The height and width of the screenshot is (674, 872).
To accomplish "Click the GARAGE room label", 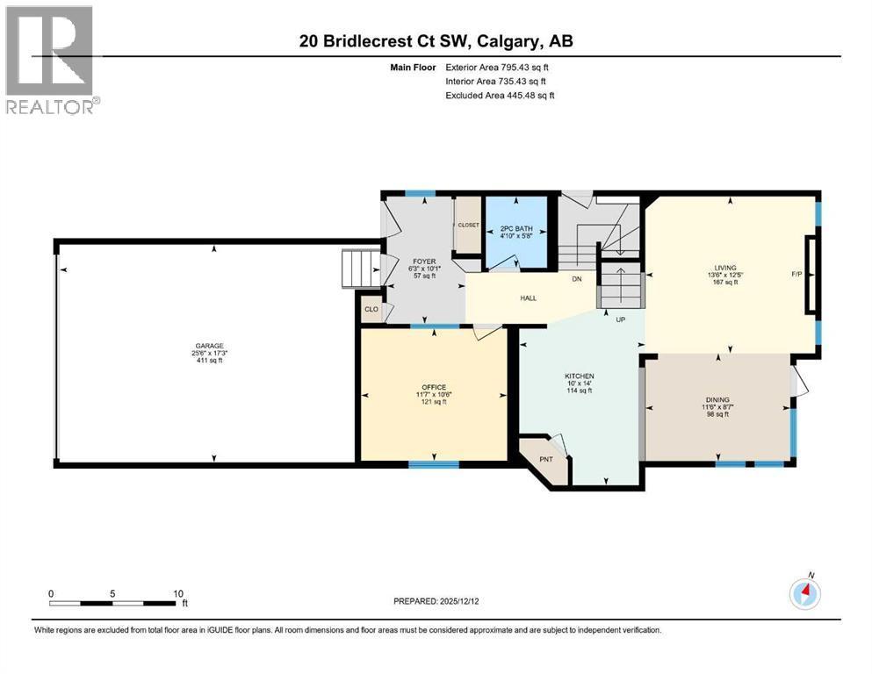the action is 209,346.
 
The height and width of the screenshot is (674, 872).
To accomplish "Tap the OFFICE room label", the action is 434,387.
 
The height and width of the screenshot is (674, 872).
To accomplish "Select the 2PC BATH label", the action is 516,228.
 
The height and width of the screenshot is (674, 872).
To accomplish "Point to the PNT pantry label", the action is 546,459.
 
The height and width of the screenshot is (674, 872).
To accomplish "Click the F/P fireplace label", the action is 797,274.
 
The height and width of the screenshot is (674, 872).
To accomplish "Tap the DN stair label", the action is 577,279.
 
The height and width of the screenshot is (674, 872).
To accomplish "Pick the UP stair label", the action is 621,319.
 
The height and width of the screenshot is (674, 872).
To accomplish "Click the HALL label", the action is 529,298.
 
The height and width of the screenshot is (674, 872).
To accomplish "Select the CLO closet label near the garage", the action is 371,309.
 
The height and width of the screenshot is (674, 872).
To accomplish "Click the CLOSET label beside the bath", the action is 468,225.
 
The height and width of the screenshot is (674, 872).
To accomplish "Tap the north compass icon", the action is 805,593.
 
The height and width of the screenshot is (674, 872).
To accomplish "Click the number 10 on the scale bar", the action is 178,593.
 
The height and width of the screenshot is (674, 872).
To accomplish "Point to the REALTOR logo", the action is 53,60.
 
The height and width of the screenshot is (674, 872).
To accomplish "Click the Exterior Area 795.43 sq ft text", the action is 497,68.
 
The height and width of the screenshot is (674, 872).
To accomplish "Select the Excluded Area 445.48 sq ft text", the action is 500,95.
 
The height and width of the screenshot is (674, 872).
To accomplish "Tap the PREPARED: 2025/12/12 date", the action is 436,601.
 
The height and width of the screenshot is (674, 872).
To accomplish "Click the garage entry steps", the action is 360,269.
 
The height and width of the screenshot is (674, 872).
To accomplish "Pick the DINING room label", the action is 717,399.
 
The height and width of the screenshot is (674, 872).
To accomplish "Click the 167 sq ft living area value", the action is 725,282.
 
